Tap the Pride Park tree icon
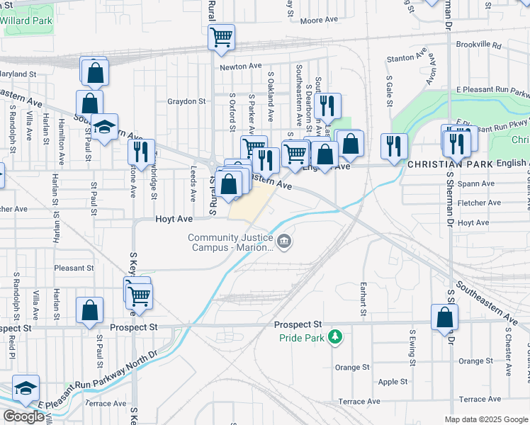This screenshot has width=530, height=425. (x=339, y=338)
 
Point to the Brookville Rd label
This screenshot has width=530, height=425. (x=478, y=45)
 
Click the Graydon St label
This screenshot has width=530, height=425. (x=186, y=101)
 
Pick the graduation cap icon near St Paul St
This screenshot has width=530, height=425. (x=104, y=127)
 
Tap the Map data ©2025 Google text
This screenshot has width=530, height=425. (x=485, y=419)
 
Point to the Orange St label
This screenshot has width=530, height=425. (x=352, y=367)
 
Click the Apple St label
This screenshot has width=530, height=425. (x=393, y=382)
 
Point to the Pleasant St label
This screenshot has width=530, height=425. (x=74, y=268)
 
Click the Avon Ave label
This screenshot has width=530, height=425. (x=432, y=74)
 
